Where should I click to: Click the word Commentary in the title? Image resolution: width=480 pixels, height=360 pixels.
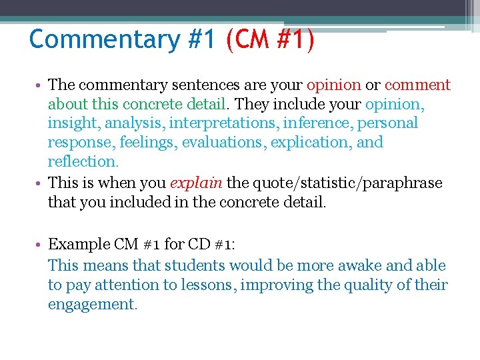coord(104,39)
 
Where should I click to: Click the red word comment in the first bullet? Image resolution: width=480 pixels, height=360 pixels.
coord(417,85)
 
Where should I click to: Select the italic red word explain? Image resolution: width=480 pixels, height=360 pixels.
coord(198,183)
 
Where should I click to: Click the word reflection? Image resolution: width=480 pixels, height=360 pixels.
coord(82,161)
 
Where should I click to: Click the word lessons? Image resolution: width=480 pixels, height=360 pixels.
coord(205,285)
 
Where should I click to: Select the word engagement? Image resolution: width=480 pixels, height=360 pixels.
coord(91,305)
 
